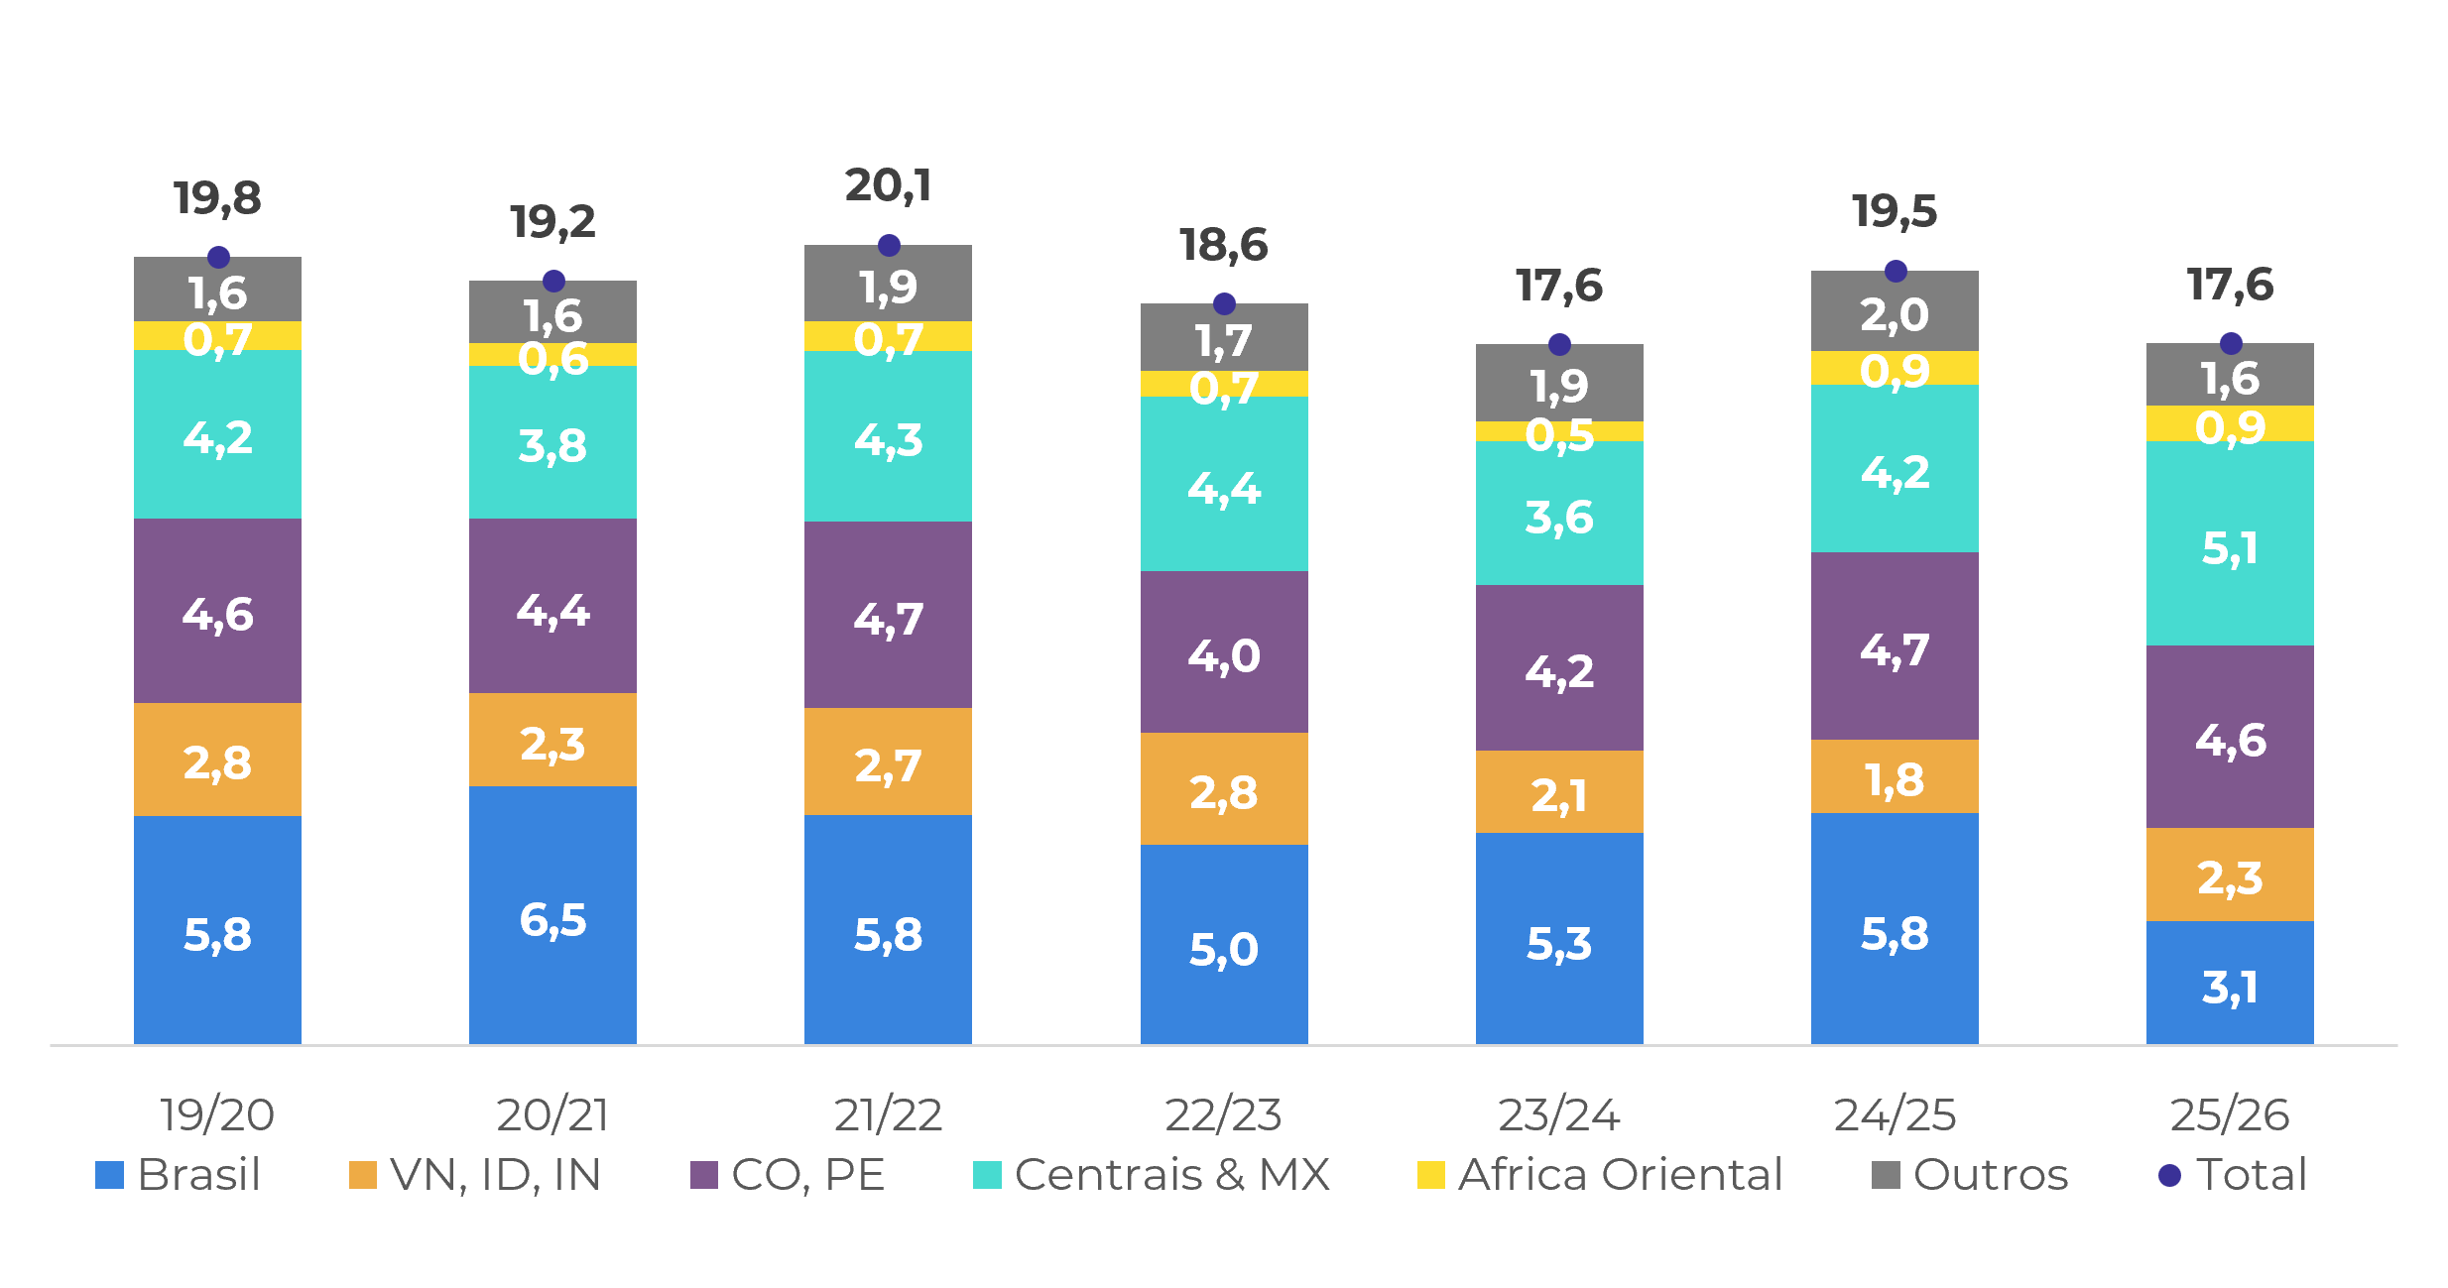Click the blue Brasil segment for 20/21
click(x=552, y=915)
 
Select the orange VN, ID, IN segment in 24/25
click(x=1895, y=776)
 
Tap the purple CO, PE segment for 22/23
click(x=1224, y=651)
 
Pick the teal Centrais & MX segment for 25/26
click(x=2230, y=543)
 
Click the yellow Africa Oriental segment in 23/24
click(x=1559, y=431)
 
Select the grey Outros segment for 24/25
click(x=1895, y=310)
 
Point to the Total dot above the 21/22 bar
click(x=889, y=245)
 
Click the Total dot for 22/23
click(x=1224, y=303)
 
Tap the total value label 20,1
click(x=889, y=185)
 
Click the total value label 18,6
click(x=1224, y=245)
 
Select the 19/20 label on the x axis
click(x=217, y=1114)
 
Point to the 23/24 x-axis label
click(x=1559, y=1114)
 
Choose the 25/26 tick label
click(x=2230, y=1114)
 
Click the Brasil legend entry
click(x=179, y=1175)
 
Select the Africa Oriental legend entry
click(x=1601, y=1175)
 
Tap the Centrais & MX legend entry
click(x=1152, y=1175)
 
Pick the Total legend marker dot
click(x=2170, y=1175)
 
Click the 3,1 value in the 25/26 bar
click(x=2230, y=988)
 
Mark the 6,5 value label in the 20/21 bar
click(x=552, y=920)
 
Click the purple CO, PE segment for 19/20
click(x=217, y=611)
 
